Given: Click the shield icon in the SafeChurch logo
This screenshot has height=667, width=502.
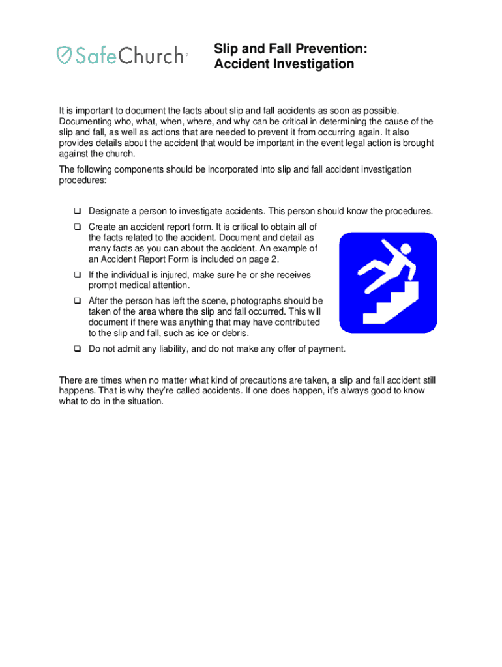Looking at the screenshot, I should tap(63, 55).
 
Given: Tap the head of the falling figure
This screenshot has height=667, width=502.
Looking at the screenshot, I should tap(405, 249).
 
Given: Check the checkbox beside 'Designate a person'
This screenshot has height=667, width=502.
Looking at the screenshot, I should tap(77, 211).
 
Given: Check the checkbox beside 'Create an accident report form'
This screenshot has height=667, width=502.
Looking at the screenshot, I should tap(77, 227).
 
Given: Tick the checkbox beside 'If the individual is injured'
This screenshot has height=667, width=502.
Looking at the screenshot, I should tap(77, 275).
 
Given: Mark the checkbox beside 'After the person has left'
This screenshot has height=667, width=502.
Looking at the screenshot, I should tap(77, 301).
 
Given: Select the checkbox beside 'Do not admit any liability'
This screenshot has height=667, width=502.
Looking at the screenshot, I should tap(77, 348).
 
